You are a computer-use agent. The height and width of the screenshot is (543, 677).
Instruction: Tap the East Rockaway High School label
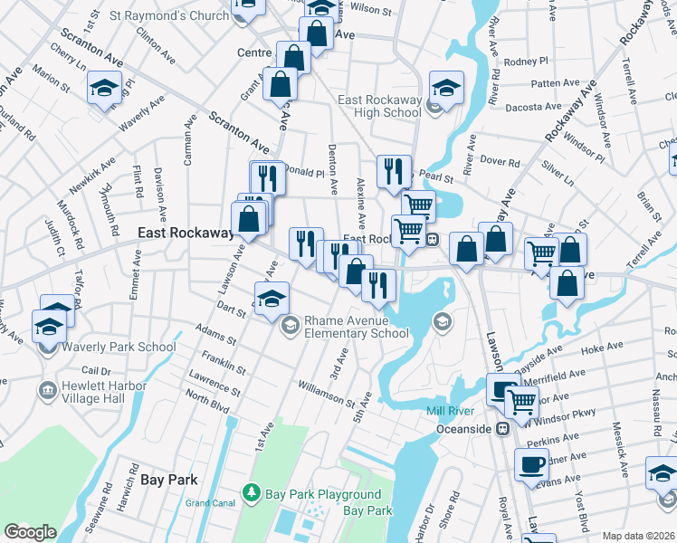(379, 106)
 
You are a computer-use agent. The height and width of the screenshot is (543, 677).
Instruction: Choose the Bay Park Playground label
(322, 494)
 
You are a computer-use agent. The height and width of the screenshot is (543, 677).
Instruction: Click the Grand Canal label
(210, 502)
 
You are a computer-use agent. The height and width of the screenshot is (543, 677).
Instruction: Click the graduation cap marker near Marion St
(104, 89)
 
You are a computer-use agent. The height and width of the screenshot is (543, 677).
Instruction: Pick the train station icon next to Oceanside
(500, 429)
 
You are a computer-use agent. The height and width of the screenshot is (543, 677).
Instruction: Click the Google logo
(30, 532)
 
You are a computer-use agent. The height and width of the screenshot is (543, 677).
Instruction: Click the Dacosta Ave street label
(535, 107)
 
